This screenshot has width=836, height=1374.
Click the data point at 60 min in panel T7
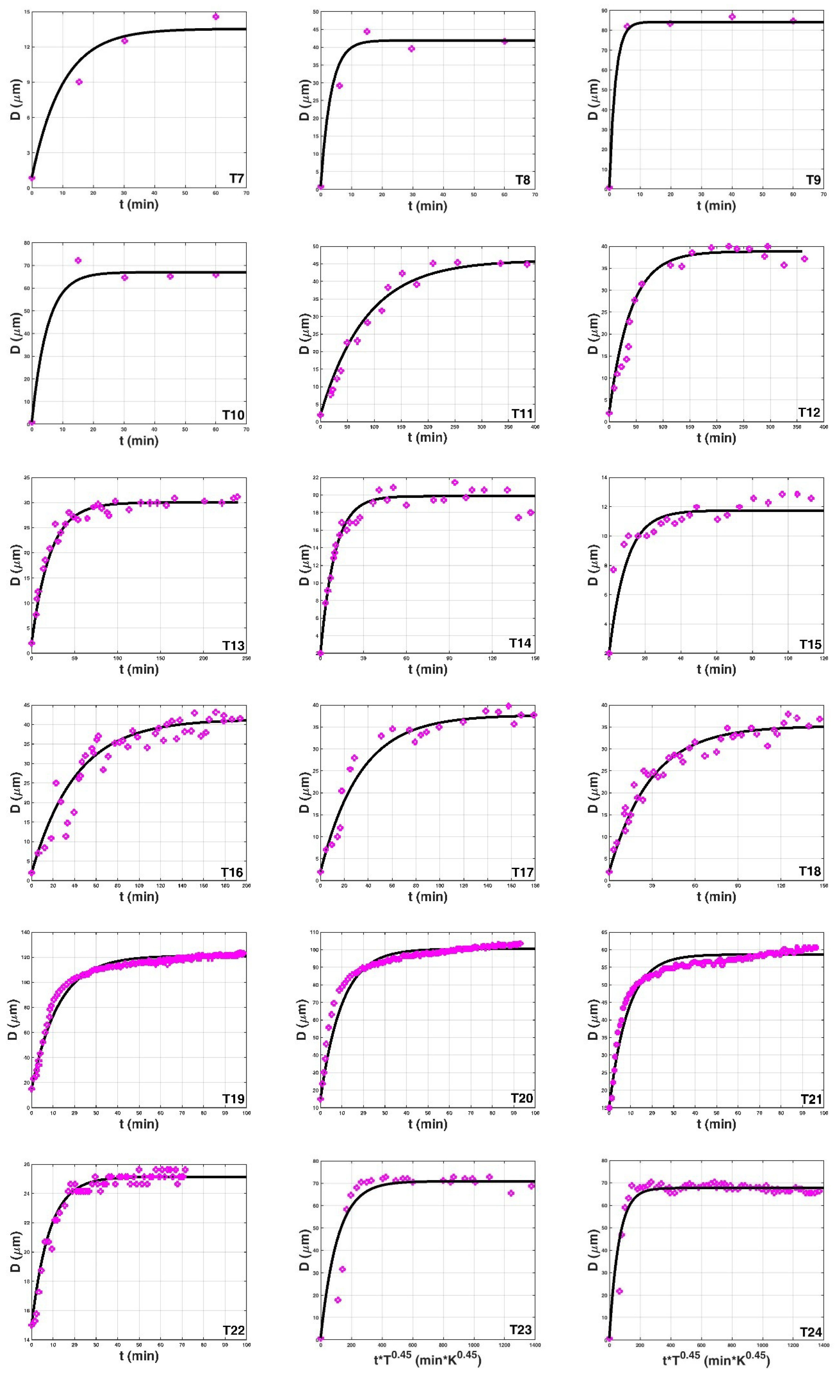pos(216,17)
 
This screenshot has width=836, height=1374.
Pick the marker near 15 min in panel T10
pos(78,261)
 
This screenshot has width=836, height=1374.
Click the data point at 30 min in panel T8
pos(411,48)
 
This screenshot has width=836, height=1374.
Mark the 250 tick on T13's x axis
pos(246,659)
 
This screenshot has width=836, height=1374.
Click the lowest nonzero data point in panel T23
pos(337,1300)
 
